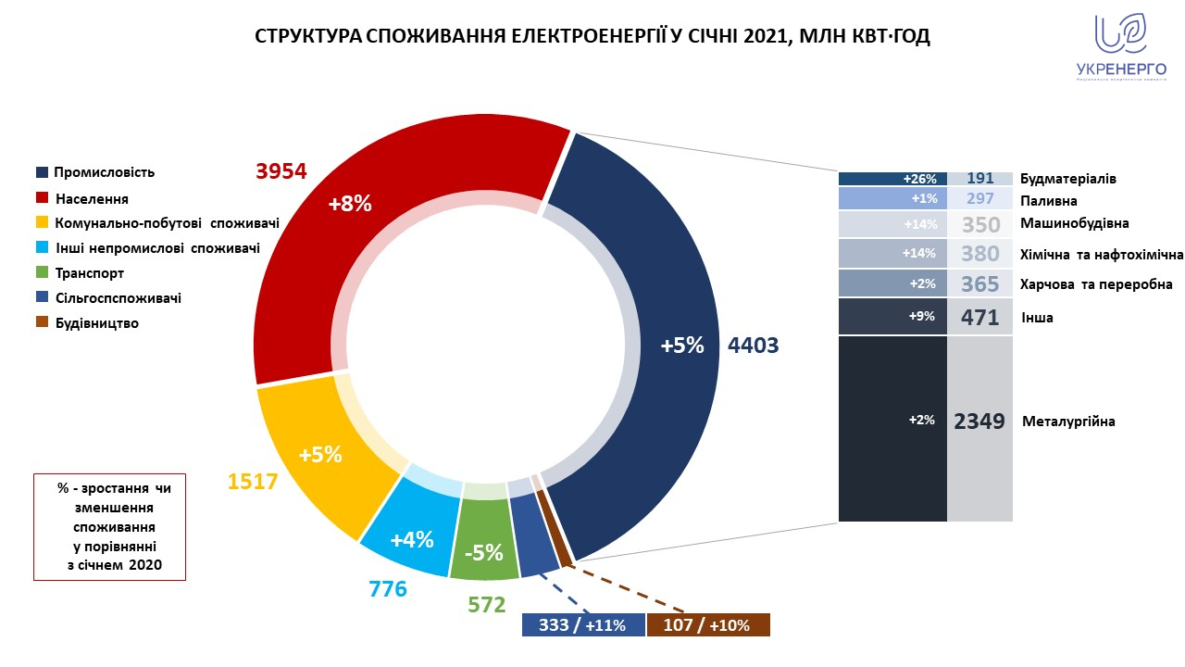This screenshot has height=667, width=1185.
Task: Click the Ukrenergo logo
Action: (x=1120, y=46)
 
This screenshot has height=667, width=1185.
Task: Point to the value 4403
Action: (x=754, y=346)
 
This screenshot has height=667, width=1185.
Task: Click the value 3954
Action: (x=280, y=171)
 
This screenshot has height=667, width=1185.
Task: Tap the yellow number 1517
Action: (x=254, y=482)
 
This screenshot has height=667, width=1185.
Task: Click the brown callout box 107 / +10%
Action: (x=708, y=625)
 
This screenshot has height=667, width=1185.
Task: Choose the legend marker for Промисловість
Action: (x=42, y=172)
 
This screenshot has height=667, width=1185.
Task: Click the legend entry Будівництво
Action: (x=96, y=323)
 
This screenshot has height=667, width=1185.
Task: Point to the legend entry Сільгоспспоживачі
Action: (x=118, y=298)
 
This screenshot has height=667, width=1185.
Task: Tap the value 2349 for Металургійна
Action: (x=979, y=422)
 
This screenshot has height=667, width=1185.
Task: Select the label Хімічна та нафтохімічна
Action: (x=1101, y=253)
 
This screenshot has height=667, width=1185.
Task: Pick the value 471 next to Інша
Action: (x=979, y=318)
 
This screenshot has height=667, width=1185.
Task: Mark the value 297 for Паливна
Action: (x=979, y=198)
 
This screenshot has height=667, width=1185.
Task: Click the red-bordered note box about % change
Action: (x=109, y=527)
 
